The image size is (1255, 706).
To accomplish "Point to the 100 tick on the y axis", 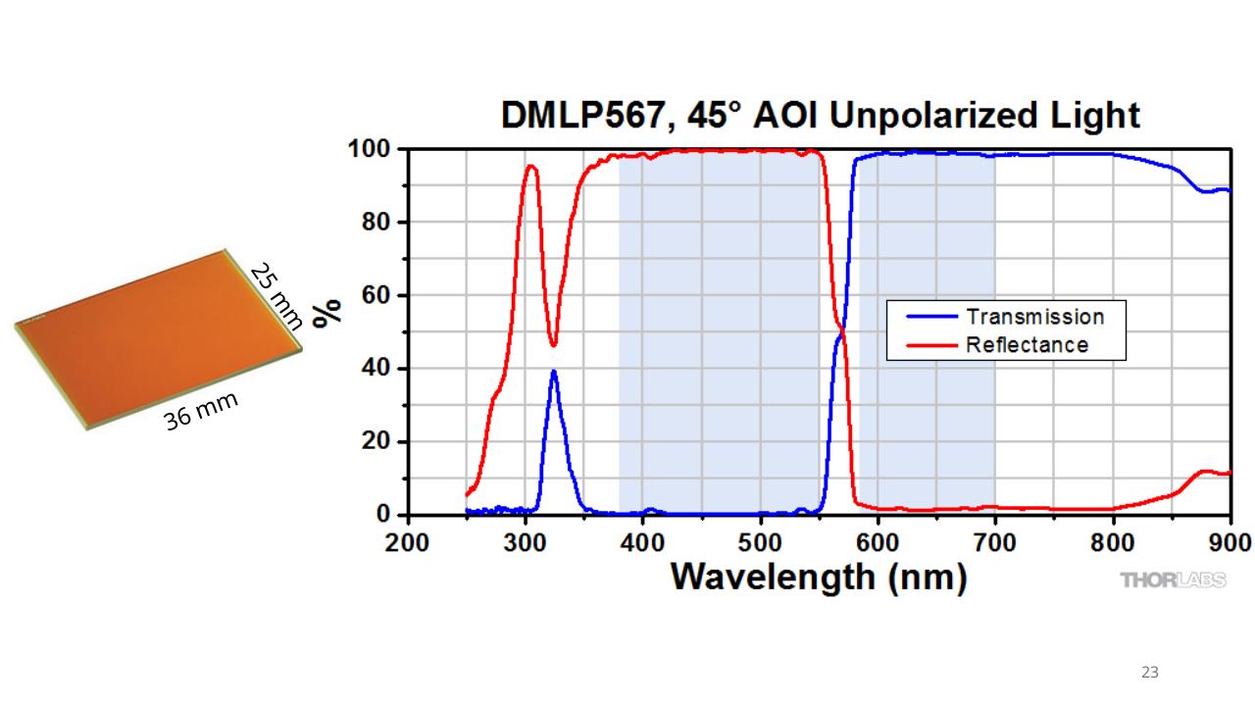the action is click(x=370, y=149).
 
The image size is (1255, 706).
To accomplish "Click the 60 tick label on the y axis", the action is click(x=376, y=295).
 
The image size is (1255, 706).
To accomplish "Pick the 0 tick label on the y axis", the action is click(x=383, y=514).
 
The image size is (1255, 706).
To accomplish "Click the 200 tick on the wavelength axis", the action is click(x=407, y=542).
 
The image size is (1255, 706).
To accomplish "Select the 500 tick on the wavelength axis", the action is click(x=760, y=542).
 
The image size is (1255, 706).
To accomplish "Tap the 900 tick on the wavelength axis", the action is click(x=1230, y=542).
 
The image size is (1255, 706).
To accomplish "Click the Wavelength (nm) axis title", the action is click(x=819, y=578).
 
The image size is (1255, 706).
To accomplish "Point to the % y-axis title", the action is click(x=327, y=313).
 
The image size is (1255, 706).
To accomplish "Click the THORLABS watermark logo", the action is click(x=1173, y=580).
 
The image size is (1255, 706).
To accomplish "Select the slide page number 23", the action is click(x=1150, y=672).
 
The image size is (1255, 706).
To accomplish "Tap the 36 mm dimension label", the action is click(x=201, y=411).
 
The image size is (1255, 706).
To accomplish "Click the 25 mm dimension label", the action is click(x=276, y=295).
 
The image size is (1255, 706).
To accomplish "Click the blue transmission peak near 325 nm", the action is click(x=554, y=371).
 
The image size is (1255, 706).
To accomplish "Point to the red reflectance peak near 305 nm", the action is click(x=530, y=166).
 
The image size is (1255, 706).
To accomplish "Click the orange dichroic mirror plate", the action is click(x=158, y=339).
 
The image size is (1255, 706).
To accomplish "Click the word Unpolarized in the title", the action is click(x=932, y=116).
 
